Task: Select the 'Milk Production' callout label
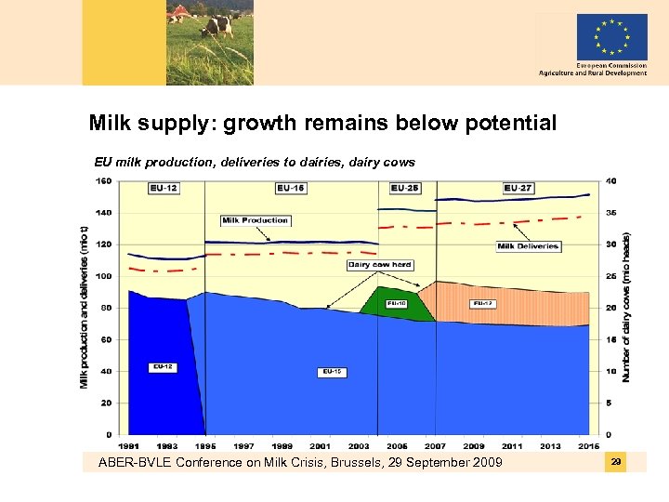pyautogui.click(x=256, y=220)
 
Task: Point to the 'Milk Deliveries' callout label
pyautogui.click(x=528, y=246)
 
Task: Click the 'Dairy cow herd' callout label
pyautogui.click(x=379, y=265)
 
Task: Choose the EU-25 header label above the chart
pyautogui.click(x=404, y=188)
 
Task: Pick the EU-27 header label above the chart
pyautogui.click(x=518, y=188)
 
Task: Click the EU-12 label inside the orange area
pyautogui.click(x=482, y=303)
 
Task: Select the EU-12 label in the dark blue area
pyautogui.click(x=163, y=367)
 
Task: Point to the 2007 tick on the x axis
pyautogui.click(x=436, y=446)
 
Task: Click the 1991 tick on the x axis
pyautogui.click(x=129, y=446)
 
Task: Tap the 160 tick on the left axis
pyautogui.click(x=104, y=181)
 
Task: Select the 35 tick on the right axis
pyautogui.click(x=610, y=213)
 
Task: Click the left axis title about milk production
pyautogui.click(x=85, y=307)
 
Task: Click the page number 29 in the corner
pyautogui.click(x=615, y=462)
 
